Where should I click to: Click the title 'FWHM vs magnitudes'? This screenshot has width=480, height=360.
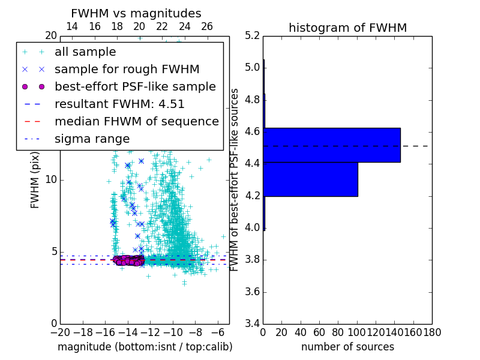(x=136, y=14)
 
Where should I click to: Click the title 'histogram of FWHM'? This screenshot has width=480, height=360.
(x=347, y=28)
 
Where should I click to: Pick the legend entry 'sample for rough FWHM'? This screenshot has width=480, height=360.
(x=127, y=70)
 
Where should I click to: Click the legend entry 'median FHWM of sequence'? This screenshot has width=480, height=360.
(x=136, y=122)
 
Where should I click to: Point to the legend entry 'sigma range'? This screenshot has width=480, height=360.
(x=92, y=139)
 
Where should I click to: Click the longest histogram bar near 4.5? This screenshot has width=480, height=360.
(x=332, y=145)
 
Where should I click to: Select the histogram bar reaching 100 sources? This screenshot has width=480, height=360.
(x=311, y=179)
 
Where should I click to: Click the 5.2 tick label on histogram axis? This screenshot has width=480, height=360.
(x=253, y=35)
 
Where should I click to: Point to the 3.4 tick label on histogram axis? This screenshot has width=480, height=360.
(x=253, y=324)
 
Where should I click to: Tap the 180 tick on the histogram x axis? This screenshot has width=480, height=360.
(x=431, y=332)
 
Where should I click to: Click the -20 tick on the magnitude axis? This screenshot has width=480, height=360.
(x=59, y=332)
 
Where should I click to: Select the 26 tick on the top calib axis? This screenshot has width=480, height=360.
(x=207, y=26)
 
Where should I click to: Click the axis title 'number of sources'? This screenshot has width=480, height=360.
(x=347, y=347)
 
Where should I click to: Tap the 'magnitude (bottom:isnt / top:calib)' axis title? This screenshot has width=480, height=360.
(x=145, y=347)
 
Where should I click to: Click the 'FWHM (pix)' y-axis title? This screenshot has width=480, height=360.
(x=35, y=179)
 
